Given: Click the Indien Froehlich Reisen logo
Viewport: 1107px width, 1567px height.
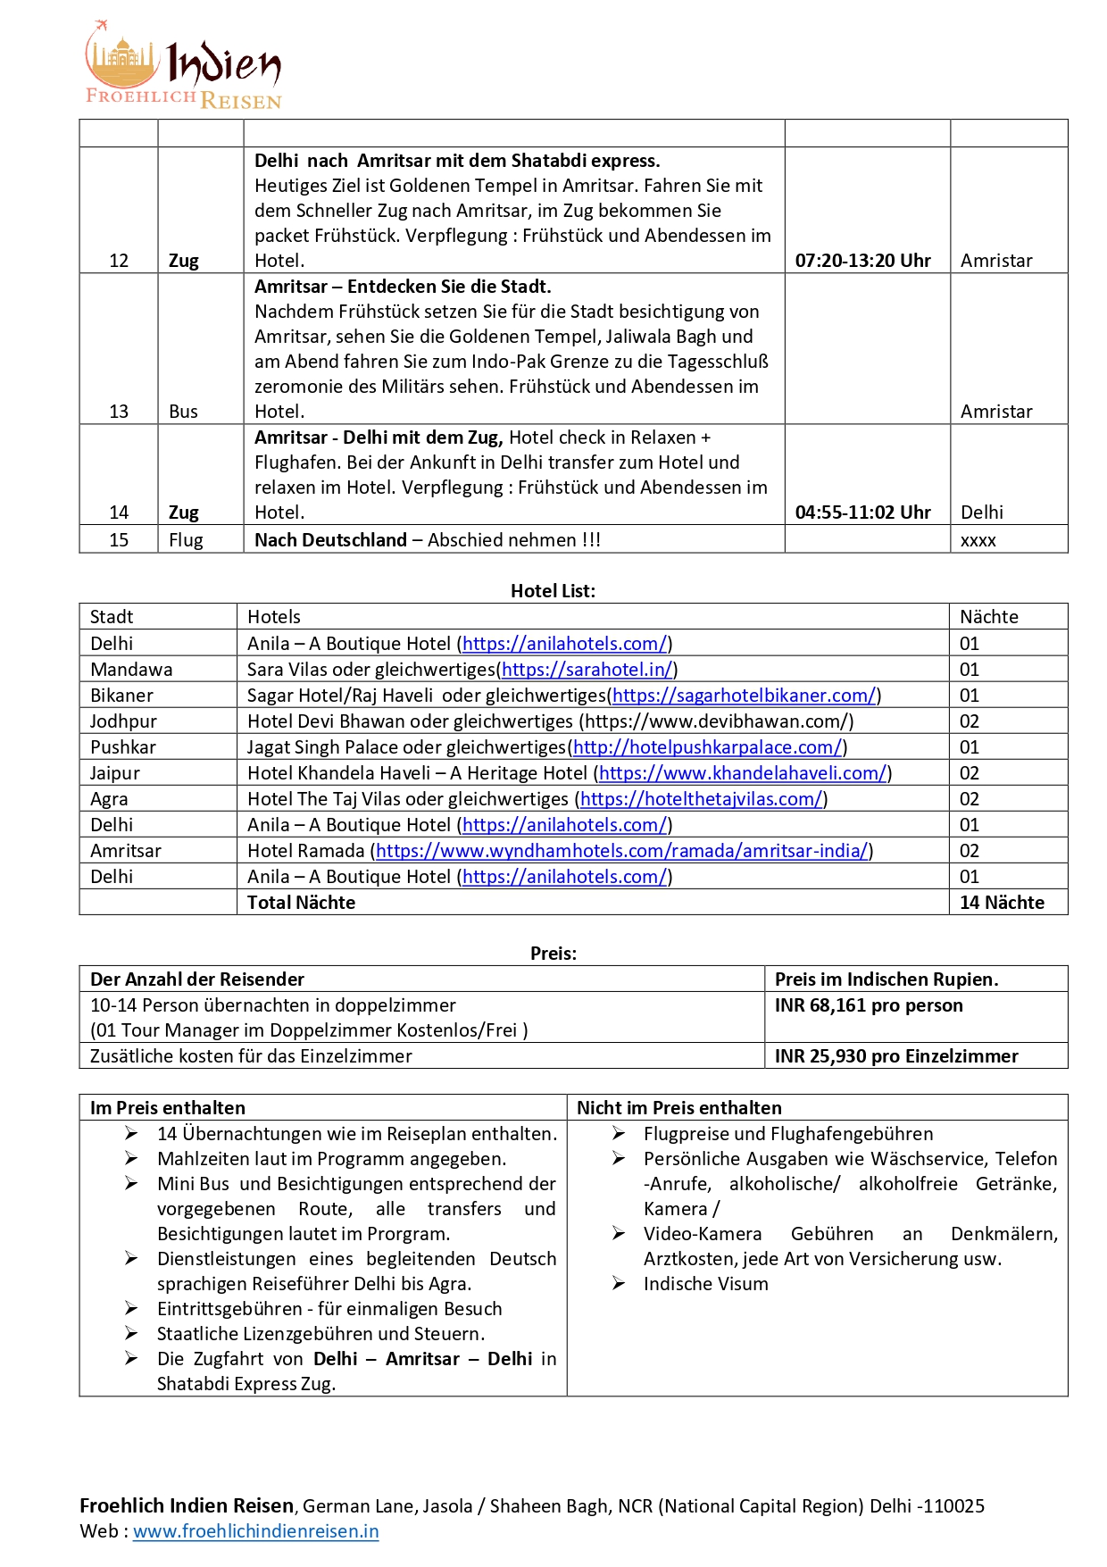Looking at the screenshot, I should (x=183, y=65).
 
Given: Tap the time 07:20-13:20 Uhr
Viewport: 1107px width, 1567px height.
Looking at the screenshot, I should (x=862, y=261).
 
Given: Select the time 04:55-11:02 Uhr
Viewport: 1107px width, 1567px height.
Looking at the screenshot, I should (x=862, y=513).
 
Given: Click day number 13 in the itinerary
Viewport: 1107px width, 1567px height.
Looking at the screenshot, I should (x=119, y=412).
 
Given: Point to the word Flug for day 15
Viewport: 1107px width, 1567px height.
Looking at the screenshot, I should (x=186, y=540).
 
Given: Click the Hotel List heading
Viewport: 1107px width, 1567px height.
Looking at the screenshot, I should (x=553, y=590).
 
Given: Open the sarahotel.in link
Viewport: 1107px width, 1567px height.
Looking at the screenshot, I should (x=587, y=670).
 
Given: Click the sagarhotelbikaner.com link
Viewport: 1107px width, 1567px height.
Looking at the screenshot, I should (x=744, y=696).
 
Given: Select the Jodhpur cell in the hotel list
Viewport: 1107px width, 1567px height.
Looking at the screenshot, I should (x=123, y=721).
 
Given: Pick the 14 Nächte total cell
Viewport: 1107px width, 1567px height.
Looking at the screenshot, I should (x=1002, y=903).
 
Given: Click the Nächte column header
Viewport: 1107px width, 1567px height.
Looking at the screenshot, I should (x=988, y=617).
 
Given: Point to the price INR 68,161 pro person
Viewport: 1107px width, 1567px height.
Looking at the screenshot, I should (x=869, y=1005).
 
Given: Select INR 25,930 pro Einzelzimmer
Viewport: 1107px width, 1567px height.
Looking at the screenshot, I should (x=896, y=1056).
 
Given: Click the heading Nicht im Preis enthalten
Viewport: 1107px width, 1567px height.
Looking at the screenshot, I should (x=678, y=1108).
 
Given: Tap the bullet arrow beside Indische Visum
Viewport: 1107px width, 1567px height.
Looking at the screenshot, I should (x=619, y=1283).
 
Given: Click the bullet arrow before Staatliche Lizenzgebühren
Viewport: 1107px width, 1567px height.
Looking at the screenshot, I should (x=131, y=1333).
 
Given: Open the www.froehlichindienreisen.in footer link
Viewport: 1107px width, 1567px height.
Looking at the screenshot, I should (x=256, y=1531).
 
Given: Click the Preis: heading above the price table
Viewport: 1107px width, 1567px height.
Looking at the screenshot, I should (x=553, y=954).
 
